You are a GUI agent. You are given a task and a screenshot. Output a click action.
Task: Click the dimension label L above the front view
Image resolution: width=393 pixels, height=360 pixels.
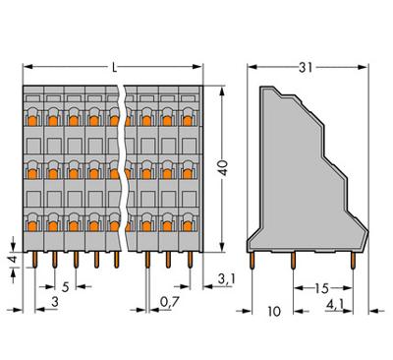[116, 66]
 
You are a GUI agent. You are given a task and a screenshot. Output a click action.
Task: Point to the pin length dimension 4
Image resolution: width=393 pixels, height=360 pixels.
[11, 260]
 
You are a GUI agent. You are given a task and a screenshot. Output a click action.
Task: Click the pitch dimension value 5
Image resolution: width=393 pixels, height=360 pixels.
[64, 288]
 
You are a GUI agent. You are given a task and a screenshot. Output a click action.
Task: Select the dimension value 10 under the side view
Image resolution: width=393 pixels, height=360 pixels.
[273, 312]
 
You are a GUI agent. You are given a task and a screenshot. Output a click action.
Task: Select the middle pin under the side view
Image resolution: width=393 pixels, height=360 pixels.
[294, 260]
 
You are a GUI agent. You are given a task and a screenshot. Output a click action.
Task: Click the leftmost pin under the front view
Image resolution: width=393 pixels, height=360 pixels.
[32, 261]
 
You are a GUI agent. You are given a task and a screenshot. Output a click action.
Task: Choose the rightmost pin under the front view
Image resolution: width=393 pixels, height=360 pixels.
[189, 261]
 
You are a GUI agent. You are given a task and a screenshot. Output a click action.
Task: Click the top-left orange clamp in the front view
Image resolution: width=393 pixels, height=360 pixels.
[32, 121]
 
